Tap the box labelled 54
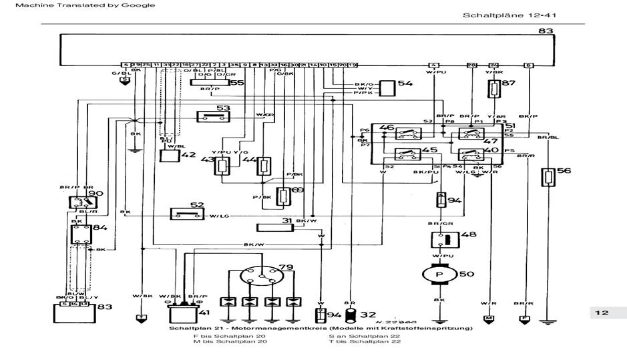pyautogui.click(x=387, y=87)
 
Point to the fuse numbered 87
pyautogui.click(x=494, y=89)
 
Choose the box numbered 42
pyautogui.click(x=170, y=156)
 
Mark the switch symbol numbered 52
pyautogui.click(x=188, y=214)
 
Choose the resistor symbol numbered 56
pyautogui.click(x=549, y=177)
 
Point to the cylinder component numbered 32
pyautogui.click(x=349, y=313)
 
